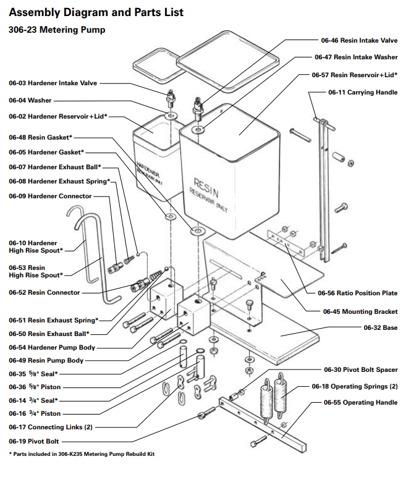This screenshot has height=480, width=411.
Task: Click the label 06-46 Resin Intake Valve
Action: coord(355,40)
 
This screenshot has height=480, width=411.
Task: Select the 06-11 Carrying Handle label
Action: coord(362,92)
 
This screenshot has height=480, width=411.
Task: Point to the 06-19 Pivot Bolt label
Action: coord(34,442)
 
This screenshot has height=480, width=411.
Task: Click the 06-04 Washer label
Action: coord(30,100)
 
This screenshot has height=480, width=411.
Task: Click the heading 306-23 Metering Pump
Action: coord(57,30)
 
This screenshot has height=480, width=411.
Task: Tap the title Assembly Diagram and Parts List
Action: coord(96,12)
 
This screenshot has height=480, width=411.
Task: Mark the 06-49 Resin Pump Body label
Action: coord(46,360)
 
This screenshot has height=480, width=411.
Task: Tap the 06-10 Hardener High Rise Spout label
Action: coord(36,246)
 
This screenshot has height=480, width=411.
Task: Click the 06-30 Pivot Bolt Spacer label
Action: coord(360,370)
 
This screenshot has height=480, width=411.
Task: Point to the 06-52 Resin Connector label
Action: coord(44,292)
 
